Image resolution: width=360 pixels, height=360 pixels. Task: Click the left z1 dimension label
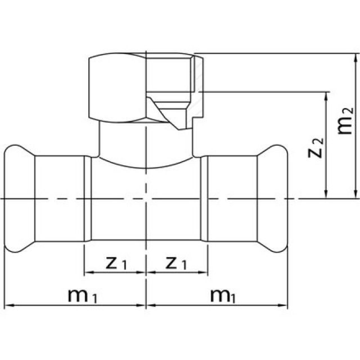[114, 263]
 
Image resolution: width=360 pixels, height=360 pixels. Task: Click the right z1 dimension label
[177, 263]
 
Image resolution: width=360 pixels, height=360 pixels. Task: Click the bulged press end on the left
[19, 199]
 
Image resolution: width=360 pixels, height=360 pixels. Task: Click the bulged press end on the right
[274, 199]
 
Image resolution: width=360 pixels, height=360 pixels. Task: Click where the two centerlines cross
[146, 199]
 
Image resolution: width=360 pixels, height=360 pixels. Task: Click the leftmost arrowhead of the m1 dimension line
[8, 306]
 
